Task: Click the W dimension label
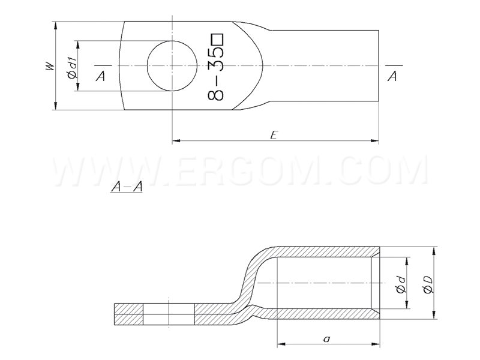(50, 67)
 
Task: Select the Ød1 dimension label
(73, 70)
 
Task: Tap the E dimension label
(274, 134)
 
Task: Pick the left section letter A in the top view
(100, 76)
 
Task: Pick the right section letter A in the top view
(392, 76)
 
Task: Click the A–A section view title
(127, 186)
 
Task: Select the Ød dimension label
(401, 284)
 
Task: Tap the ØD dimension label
(428, 284)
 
